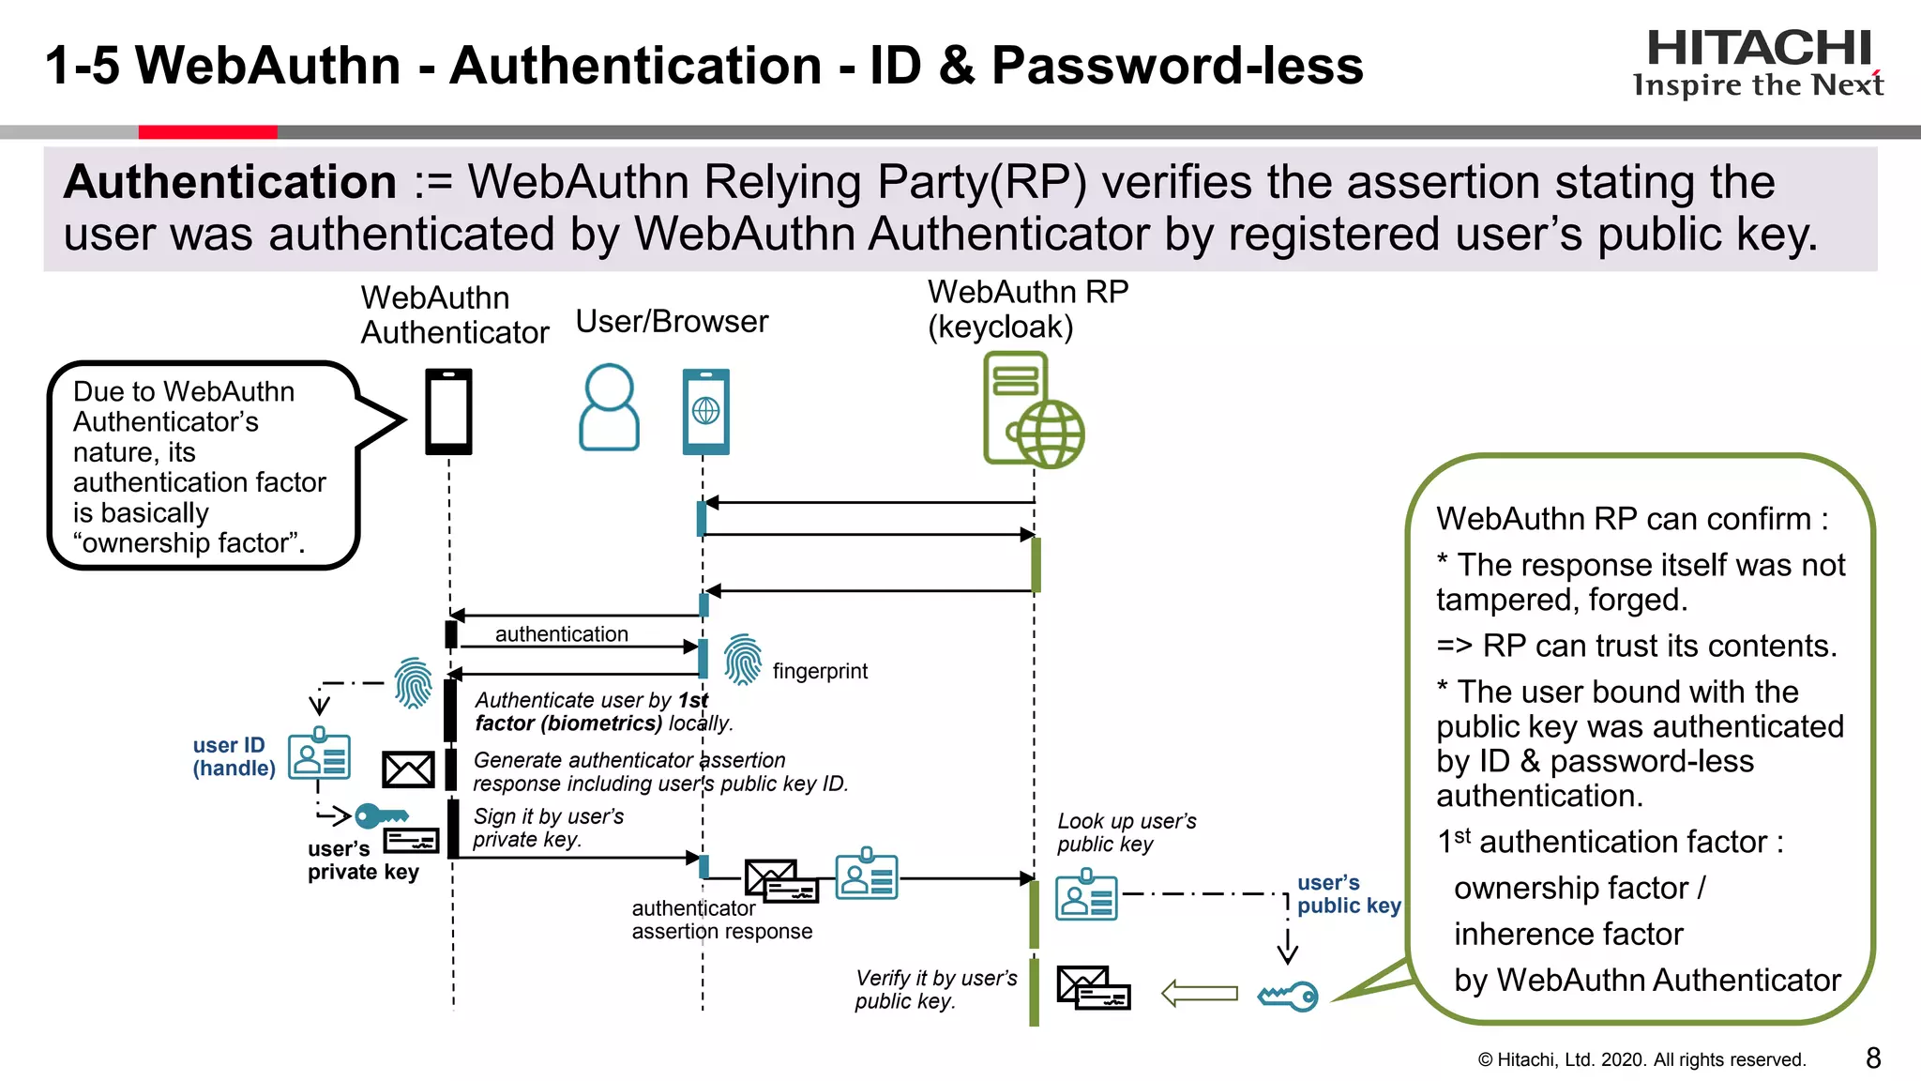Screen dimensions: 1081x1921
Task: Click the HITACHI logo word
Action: tap(1759, 48)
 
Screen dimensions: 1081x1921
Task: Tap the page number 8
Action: tap(1873, 1058)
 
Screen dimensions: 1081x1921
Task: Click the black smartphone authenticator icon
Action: tap(448, 411)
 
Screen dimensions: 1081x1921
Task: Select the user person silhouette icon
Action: tap(609, 407)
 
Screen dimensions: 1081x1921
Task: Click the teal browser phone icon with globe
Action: tap(705, 411)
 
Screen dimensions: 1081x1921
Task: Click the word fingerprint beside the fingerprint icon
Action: tap(820, 671)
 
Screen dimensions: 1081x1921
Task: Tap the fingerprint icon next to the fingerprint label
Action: tap(743, 659)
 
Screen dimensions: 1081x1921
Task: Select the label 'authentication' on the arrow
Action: tap(561, 634)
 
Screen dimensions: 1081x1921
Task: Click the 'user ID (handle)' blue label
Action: tap(234, 756)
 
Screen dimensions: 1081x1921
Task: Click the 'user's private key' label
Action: tap(362, 860)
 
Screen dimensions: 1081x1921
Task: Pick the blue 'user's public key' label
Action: tap(1348, 894)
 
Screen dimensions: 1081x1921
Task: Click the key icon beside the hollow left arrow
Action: tap(1288, 996)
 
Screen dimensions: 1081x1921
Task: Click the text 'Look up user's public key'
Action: tap(1126, 832)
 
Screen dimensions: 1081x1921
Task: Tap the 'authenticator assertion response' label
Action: tap(721, 920)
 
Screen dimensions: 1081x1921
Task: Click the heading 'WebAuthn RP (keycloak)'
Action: tap(1027, 309)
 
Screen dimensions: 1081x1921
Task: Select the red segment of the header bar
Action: tap(207, 132)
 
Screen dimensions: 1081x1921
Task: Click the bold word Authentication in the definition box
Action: tap(231, 182)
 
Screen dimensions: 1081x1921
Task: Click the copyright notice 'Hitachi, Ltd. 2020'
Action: tap(1641, 1059)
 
